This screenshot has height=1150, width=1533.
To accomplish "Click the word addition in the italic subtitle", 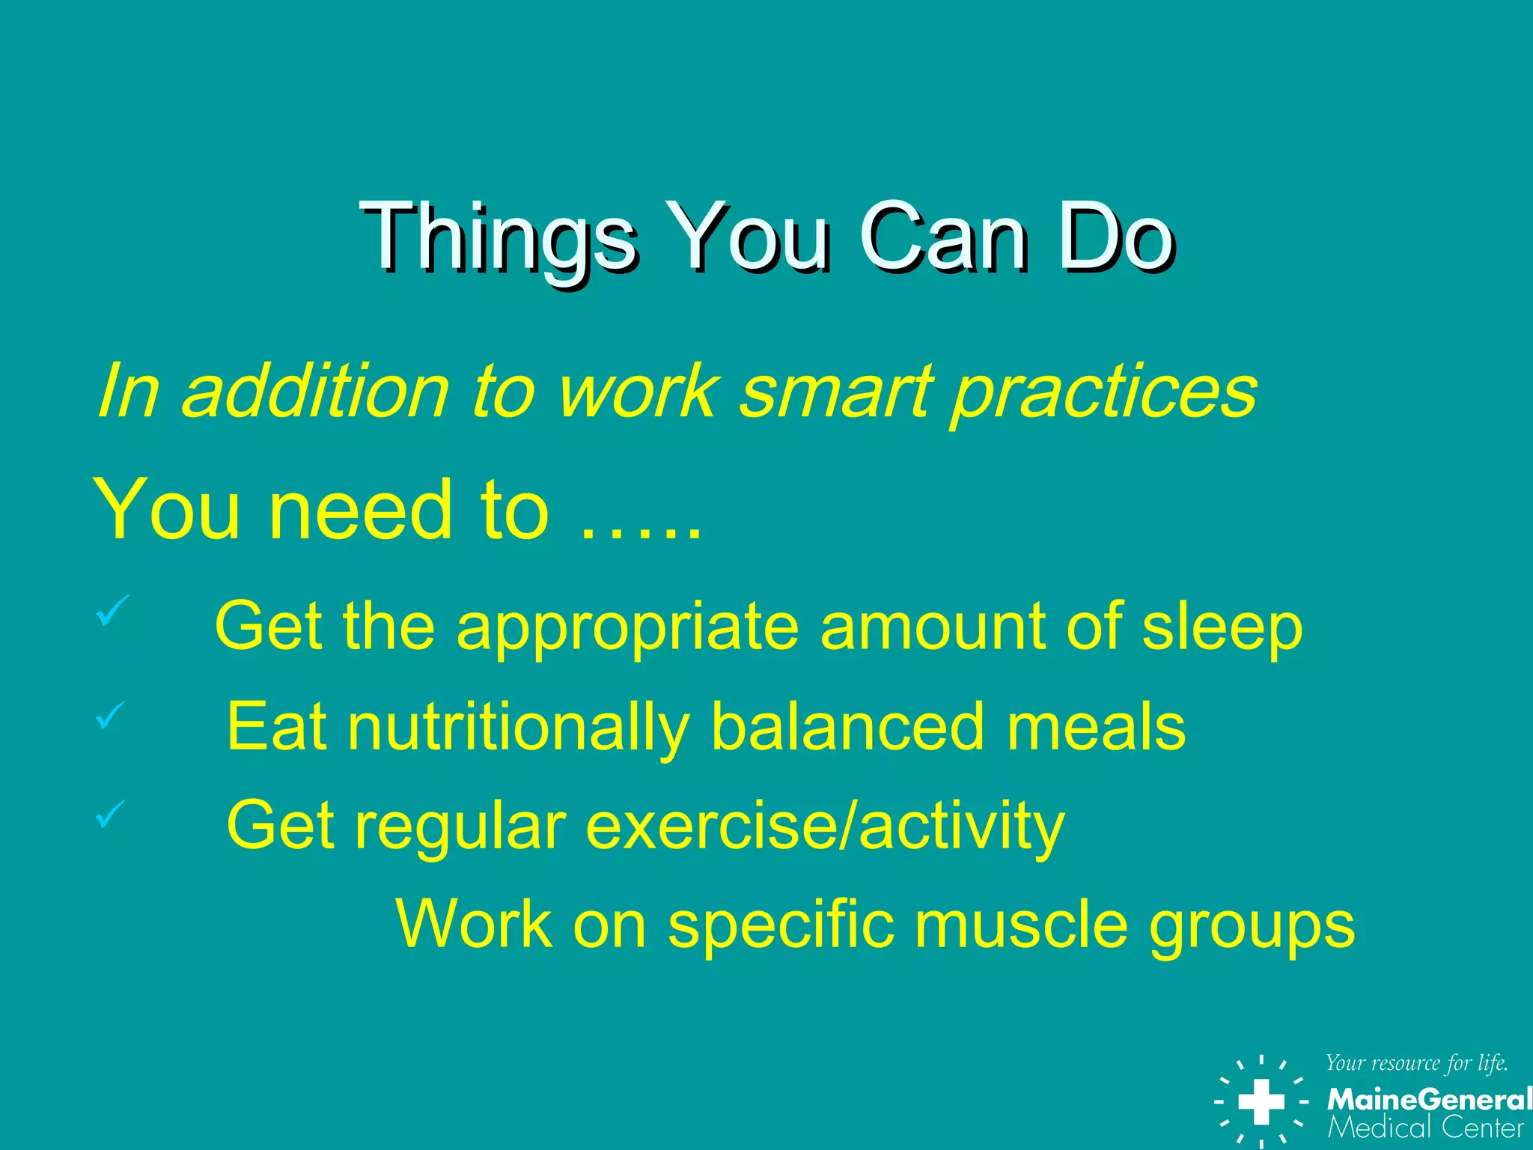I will (315, 392).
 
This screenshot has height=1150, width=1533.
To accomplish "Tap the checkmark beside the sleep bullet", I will (112, 611).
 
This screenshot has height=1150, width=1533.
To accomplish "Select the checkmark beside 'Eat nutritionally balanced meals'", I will (110, 716).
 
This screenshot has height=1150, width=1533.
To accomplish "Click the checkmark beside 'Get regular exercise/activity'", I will (110, 815).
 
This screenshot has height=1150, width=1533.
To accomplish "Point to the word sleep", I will (1222, 627).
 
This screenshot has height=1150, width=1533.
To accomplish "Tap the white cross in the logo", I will (1261, 1101).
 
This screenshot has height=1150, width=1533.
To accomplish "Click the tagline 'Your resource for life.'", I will (1416, 1063).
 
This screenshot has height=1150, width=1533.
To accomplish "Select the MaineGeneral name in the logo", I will (1428, 1100).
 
